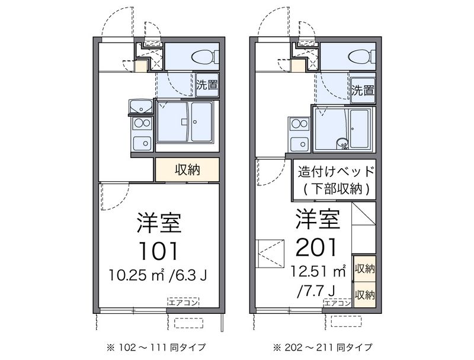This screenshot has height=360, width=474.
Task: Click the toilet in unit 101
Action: coord(206,56)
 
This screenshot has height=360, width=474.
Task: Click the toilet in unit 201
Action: coord(362,56)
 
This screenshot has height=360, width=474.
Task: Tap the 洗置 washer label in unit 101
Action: coord(207,85)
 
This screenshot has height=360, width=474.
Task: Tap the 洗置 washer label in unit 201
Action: coord(363,91)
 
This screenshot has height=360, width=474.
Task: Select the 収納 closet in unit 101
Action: coord(187,170)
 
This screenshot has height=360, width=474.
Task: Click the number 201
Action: coord(316,247)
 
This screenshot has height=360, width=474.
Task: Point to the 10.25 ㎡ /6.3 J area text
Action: coord(158,275)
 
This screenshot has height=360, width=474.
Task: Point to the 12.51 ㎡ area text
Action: coord(318,271)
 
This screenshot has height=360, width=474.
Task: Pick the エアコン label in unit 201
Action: coord(338,303)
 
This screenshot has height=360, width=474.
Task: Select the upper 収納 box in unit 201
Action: coord(365,268)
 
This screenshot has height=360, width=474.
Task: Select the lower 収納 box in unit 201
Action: coord(365,295)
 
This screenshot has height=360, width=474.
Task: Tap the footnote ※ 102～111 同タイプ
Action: coord(156,348)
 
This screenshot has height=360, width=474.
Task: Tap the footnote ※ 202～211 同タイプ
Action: coord(322,348)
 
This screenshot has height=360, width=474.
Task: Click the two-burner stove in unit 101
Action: coord(142,123)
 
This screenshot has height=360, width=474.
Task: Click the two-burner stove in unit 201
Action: coord(300,124)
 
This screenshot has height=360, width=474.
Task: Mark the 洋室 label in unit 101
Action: coord(159,223)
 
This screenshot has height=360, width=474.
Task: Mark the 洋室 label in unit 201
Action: coord(318,218)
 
